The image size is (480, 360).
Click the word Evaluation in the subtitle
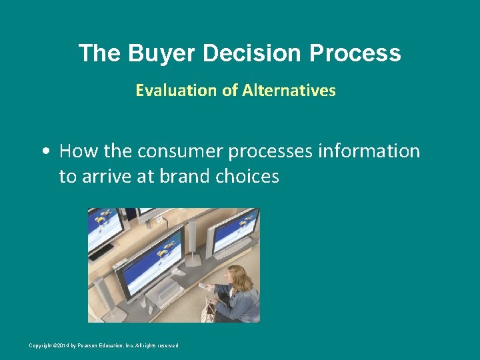[x=177, y=90]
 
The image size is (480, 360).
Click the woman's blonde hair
[x=237, y=273]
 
